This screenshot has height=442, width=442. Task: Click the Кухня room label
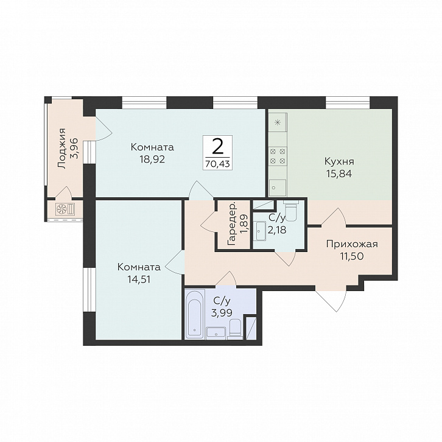click(339, 162)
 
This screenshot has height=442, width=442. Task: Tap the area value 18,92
click(152, 160)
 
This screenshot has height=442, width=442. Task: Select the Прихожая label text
click(352, 244)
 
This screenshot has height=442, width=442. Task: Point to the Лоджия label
click(61, 149)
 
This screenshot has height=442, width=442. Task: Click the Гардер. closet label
click(232, 224)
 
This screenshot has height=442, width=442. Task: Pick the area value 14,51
click(139, 279)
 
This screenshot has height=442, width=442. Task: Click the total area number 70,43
click(217, 164)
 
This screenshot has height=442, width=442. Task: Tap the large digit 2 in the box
click(217, 147)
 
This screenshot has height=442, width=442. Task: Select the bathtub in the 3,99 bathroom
click(194, 314)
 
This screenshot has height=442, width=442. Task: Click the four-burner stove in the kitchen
click(278, 156)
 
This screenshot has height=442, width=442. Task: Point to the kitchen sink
click(278, 188)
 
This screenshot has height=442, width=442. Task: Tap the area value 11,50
click(352, 256)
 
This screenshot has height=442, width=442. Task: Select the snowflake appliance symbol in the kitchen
click(278, 122)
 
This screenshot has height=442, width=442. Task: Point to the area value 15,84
click(339, 174)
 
